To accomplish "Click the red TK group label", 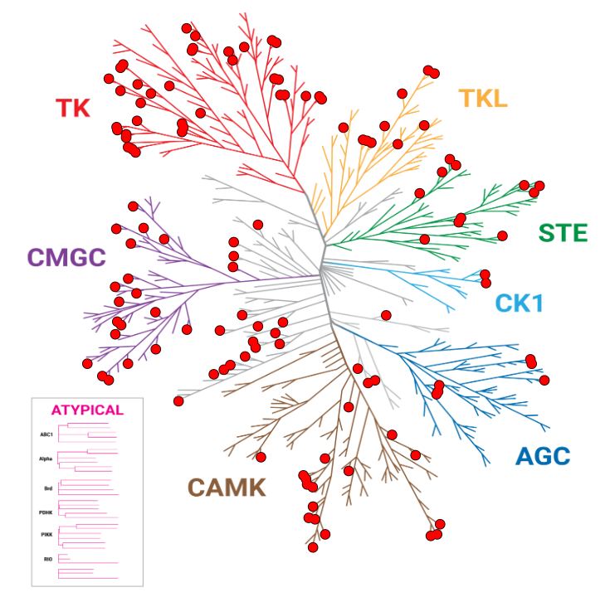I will pos(73,108).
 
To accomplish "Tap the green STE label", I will pos(563,233).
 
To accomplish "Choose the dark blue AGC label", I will pos(543,456).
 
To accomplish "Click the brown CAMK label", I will pos(227,488).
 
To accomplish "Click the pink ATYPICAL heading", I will pos(87,410).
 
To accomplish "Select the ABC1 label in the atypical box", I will pos(46,434).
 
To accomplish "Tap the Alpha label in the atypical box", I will pos(46,459).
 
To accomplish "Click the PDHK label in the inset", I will pos(46,512).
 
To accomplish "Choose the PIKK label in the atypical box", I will pos(47,535).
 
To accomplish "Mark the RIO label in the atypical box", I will pos(48,560).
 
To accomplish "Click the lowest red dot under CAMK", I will pos(313,547).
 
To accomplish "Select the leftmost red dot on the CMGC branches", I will pos(87,364).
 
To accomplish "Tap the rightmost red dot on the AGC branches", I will pos(544,380).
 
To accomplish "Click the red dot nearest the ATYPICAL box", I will pos(178,401).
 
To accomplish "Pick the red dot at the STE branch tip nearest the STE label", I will pos(501,235).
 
